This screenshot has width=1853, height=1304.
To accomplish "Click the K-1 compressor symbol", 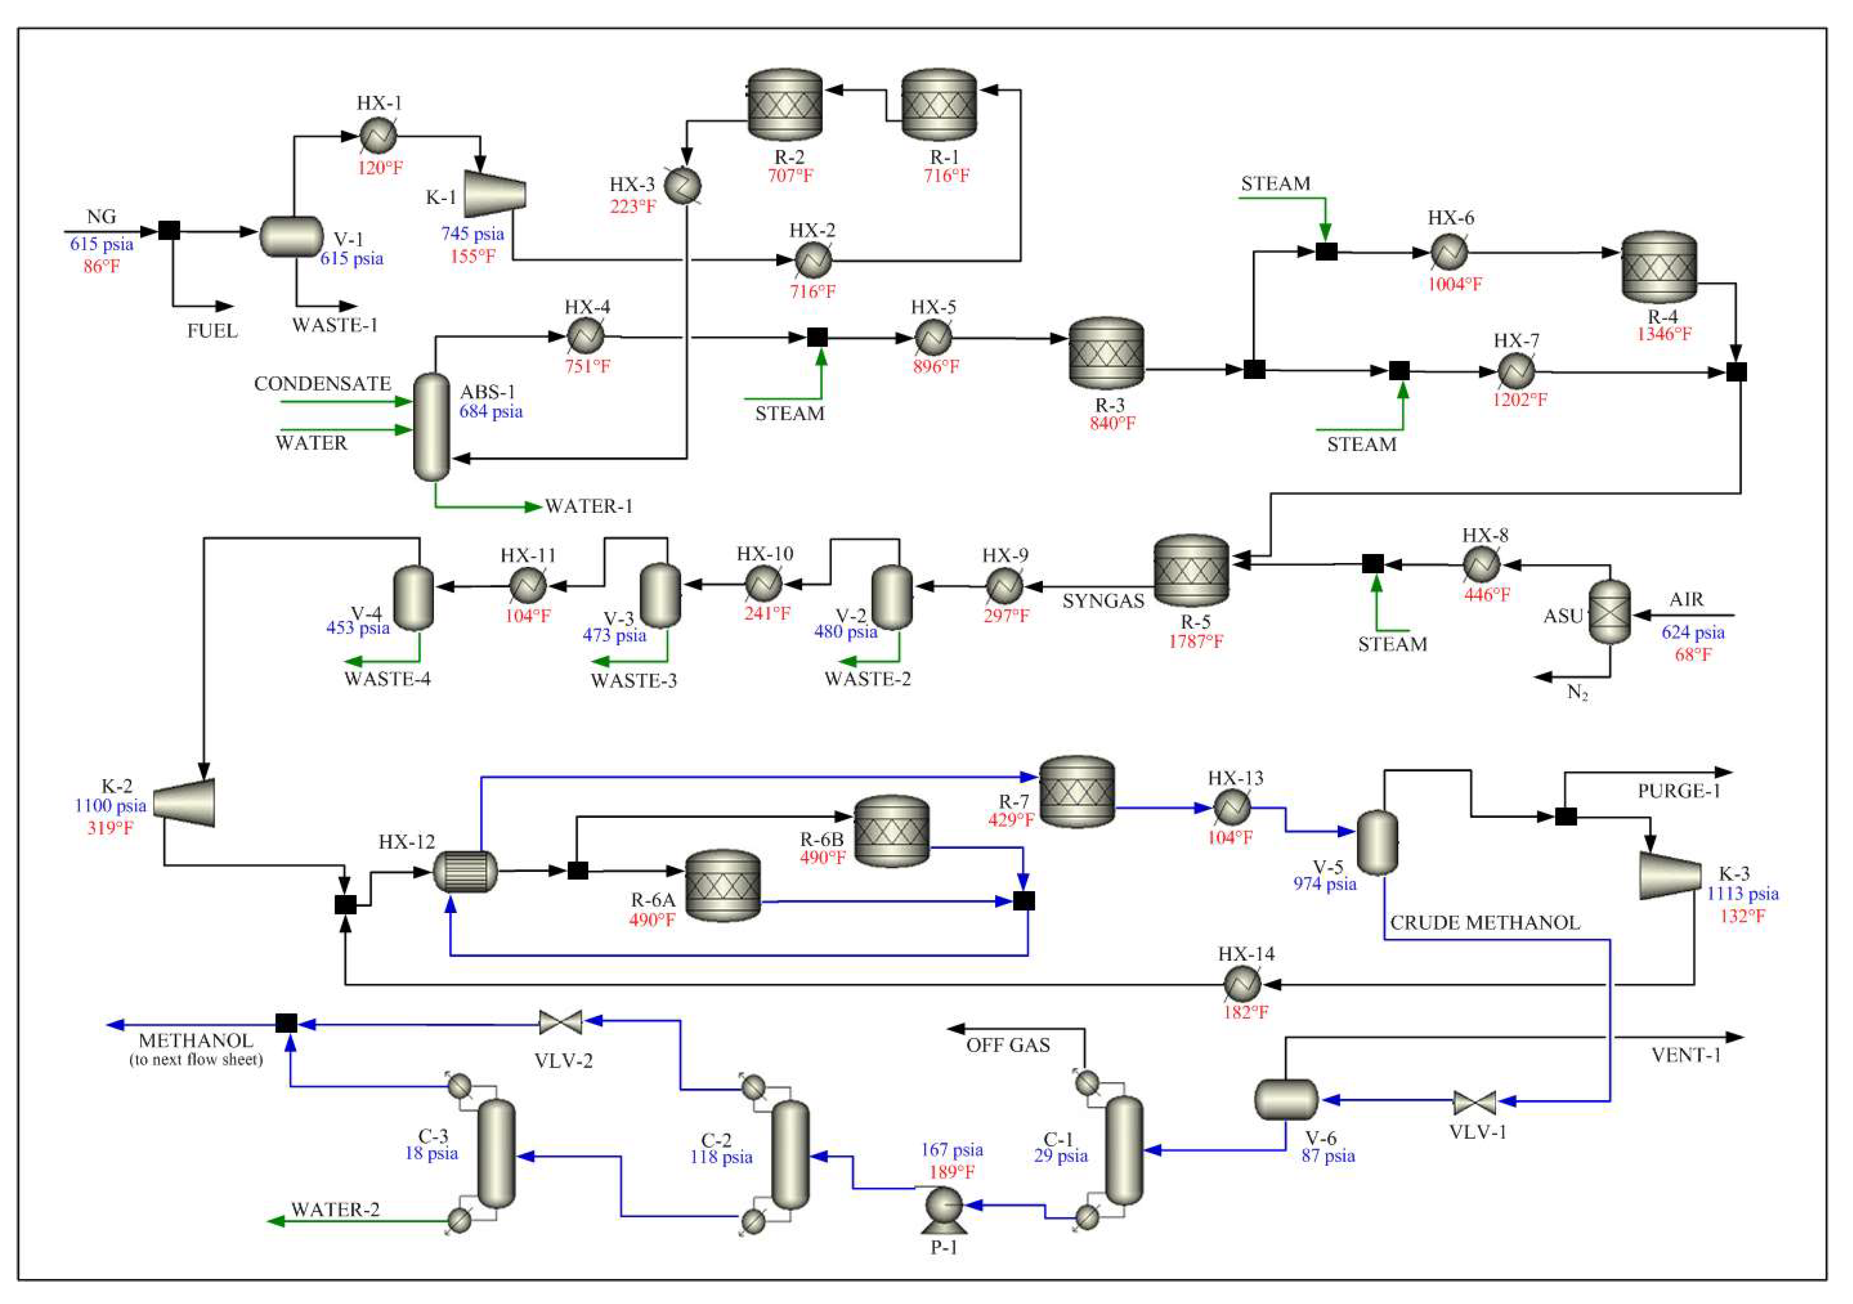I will (x=494, y=194).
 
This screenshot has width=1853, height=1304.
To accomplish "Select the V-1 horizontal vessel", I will (x=292, y=236).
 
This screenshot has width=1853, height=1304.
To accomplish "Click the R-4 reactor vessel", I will (x=1659, y=268).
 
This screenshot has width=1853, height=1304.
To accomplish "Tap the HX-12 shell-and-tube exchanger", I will (x=465, y=871).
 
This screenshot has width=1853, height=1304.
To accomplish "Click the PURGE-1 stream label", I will (x=1678, y=791).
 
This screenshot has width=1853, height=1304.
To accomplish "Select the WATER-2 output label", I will (x=335, y=1210).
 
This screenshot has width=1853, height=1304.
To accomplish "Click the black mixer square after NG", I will (x=169, y=231).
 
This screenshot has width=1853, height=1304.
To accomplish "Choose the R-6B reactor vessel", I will (x=891, y=831).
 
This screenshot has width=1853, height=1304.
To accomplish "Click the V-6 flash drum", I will (x=1285, y=1099).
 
